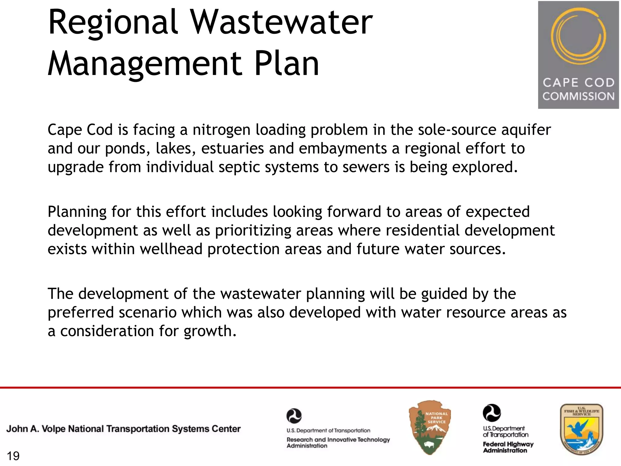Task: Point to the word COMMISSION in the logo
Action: point(578,96)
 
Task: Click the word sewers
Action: point(366,167)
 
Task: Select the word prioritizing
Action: point(253,231)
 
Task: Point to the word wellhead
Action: point(171,249)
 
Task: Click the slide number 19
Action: point(13,456)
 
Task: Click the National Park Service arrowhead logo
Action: point(430,427)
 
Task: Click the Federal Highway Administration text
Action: point(508,447)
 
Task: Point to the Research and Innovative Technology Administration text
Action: point(338,442)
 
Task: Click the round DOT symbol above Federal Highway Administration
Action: point(492,413)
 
